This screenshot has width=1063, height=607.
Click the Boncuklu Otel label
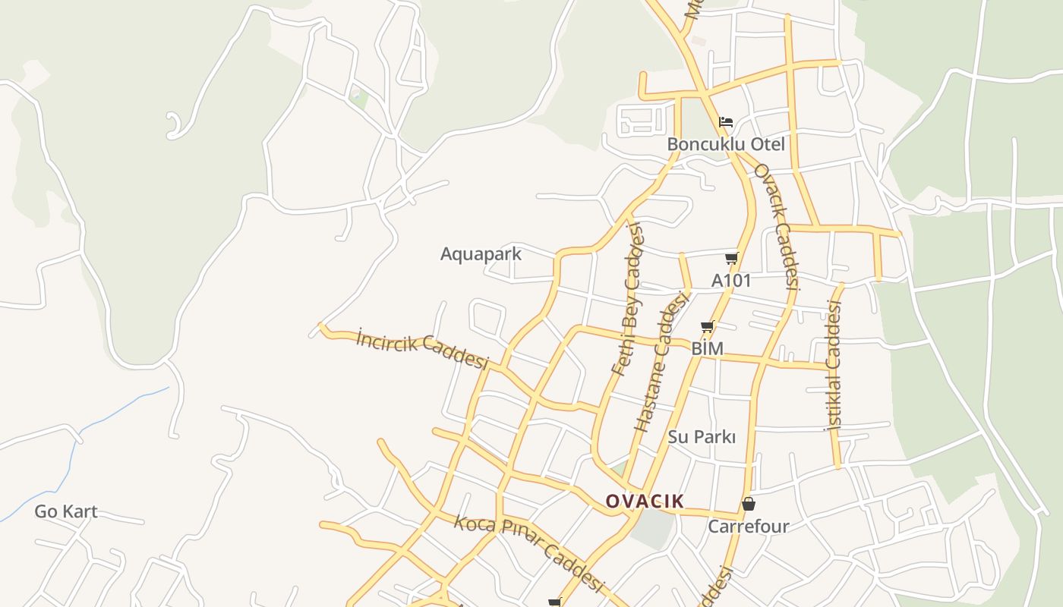click(x=726, y=144)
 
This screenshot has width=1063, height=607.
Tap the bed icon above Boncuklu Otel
click(x=727, y=121)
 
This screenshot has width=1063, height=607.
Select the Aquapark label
click(x=481, y=253)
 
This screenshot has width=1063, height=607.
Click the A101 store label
click(x=731, y=280)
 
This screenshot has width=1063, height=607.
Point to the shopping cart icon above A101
click(x=731, y=258)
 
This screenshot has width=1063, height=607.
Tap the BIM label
click(x=707, y=348)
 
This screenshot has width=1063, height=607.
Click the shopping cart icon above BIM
click(x=707, y=327)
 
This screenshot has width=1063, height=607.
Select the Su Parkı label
click(x=702, y=437)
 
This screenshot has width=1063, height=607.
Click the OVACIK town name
click(x=645, y=501)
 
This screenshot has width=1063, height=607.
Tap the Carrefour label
click(x=748, y=526)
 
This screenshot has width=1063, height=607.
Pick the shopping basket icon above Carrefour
click(x=748, y=504)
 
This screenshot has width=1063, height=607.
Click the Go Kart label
click(x=66, y=511)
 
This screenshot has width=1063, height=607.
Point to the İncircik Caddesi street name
click(x=422, y=350)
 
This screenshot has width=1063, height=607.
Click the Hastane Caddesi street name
click(x=660, y=364)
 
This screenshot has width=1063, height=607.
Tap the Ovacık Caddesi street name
click(x=776, y=228)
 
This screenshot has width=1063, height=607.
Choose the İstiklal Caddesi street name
click(x=834, y=366)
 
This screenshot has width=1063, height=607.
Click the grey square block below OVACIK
click(x=652, y=528)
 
